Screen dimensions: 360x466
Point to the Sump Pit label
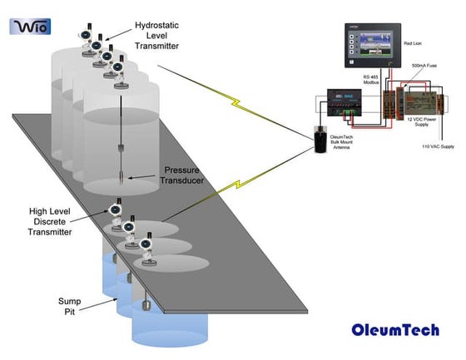pyautogui.click(x=71, y=305)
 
